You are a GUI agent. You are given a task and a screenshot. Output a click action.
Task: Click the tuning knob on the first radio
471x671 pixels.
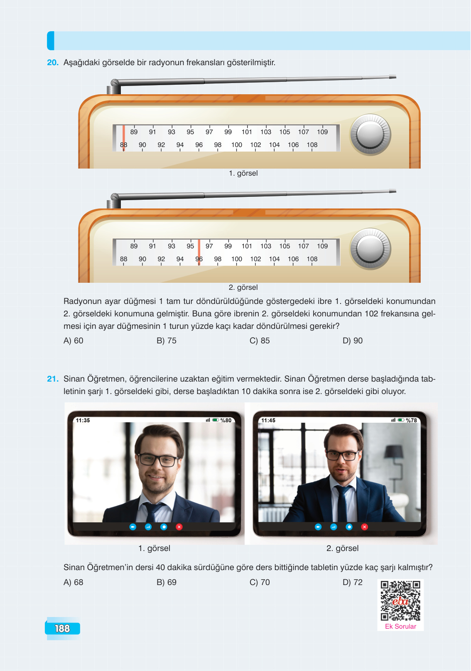point(370,135)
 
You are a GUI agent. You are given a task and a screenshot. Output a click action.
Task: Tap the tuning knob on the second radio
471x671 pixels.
point(370,249)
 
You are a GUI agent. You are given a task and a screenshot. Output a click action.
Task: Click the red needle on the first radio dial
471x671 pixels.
point(123,138)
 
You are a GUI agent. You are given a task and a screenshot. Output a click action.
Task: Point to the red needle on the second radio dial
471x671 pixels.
point(199,252)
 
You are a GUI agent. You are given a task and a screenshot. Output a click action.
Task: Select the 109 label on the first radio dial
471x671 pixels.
point(322,132)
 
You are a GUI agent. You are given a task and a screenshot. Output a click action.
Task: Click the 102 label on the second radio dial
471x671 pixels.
point(255,259)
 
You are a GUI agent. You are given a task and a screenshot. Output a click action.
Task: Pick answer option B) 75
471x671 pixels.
point(166,340)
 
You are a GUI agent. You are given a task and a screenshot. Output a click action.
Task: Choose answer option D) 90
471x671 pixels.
point(352,340)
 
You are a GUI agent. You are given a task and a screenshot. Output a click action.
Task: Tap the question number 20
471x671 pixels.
point(52,62)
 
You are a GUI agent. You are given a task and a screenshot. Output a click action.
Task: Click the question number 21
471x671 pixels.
point(52,379)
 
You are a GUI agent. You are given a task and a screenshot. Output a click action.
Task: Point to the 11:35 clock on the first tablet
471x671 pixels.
point(83,420)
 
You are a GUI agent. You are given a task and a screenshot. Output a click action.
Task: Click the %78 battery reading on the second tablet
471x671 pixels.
point(411,420)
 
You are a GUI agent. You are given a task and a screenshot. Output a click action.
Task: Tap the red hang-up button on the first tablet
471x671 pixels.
point(179,527)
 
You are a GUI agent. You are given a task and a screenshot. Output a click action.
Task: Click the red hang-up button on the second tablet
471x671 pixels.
point(365,527)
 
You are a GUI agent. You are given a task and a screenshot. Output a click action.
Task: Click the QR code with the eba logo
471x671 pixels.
point(400,600)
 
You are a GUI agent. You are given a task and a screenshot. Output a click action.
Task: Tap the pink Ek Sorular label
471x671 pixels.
point(400,627)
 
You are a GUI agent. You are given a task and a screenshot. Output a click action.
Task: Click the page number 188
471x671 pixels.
point(62,628)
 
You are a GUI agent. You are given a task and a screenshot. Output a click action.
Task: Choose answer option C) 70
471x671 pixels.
point(260,582)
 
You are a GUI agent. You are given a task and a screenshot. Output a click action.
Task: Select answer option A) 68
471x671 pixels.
point(74,582)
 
